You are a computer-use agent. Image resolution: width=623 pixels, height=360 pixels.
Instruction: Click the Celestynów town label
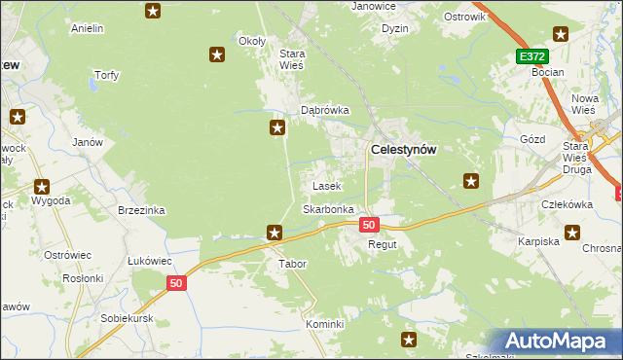404,149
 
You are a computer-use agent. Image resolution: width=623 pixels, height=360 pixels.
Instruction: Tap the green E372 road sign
532,57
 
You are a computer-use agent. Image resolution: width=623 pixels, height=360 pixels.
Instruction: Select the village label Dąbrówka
324,110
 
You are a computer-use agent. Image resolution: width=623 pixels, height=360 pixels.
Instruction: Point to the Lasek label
325,185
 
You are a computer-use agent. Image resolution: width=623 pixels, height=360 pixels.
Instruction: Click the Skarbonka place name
328,209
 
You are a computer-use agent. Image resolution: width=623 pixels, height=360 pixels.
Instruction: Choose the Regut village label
382,244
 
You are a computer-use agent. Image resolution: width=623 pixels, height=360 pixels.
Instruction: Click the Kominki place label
325,324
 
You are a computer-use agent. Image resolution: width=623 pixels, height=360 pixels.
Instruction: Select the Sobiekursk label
128,318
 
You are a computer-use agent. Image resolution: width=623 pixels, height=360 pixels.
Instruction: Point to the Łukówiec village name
150,261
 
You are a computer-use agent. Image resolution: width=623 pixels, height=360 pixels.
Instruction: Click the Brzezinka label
141,210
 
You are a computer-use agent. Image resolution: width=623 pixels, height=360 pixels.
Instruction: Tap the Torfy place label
105,75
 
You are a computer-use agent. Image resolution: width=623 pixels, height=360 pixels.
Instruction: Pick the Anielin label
88,28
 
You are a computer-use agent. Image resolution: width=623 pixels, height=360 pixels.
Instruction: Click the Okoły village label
252,41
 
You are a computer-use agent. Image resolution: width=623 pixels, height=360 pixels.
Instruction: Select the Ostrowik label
463,18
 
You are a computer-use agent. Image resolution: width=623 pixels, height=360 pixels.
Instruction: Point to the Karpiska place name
537,240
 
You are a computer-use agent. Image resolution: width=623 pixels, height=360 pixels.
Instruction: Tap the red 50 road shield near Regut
368,225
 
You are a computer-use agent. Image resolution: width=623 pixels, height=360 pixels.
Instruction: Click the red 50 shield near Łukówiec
175,283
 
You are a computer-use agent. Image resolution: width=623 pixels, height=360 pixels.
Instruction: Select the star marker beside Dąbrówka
277,127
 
